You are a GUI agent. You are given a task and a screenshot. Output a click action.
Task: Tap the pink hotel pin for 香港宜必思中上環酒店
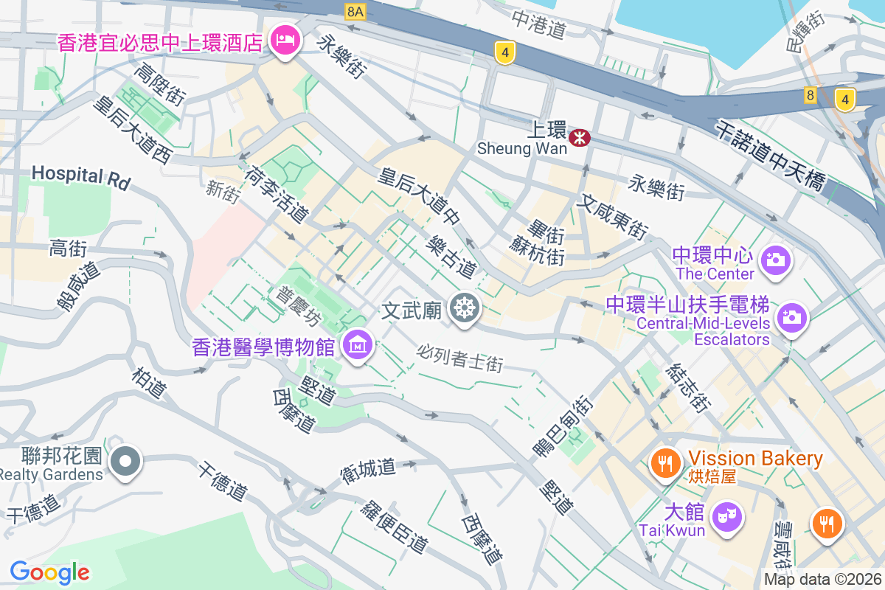pos(284,38)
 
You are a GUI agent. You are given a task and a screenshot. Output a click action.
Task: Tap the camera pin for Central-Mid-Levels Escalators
pos(791,317)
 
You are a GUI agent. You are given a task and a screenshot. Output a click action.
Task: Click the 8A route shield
pos(355,11)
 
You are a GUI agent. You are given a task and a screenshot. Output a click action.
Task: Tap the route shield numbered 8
pos(811,94)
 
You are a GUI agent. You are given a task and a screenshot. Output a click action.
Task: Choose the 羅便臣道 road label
pos(395,527)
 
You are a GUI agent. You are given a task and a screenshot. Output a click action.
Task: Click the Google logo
pos(49,572)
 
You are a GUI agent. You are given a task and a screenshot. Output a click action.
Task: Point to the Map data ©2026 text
pos(822,579)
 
